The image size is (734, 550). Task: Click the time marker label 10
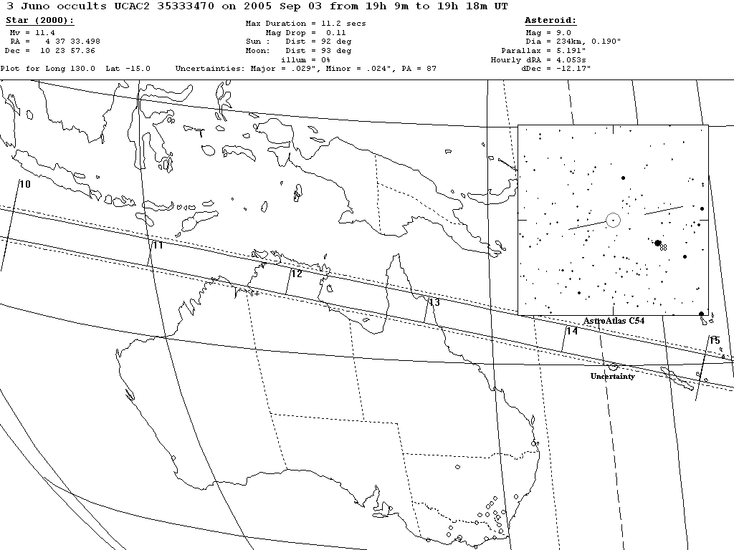pyautogui.click(x=25, y=185)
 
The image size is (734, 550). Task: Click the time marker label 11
pyautogui.click(x=158, y=246)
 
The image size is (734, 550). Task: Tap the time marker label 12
pyautogui.click(x=296, y=274)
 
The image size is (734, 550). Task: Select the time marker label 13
pyautogui.click(x=434, y=303)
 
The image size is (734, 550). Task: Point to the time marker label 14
pyautogui.click(x=571, y=331)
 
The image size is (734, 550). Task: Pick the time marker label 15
pyautogui.click(x=714, y=340)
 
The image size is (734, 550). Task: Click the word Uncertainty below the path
pyautogui.click(x=612, y=377)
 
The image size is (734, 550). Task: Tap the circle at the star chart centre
pyautogui.click(x=613, y=220)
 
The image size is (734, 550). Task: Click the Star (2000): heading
pyautogui.click(x=39, y=21)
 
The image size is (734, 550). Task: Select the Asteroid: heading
pyautogui.click(x=550, y=21)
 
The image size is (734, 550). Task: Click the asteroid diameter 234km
pyautogui.click(x=561, y=42)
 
